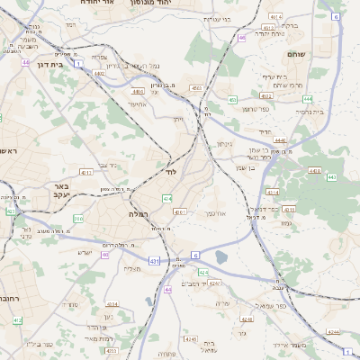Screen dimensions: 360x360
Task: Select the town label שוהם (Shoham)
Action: tap(297, 55)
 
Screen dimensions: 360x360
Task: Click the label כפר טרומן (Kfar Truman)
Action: tap(260, 109)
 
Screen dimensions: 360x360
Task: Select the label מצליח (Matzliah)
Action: tap(132, 268)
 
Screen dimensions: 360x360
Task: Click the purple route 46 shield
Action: tap(241, 38)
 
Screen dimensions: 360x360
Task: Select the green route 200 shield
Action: tap(79, 219)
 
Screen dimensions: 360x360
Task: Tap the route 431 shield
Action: tap(155, 261)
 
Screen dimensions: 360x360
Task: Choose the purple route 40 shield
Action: tap(105, 255)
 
